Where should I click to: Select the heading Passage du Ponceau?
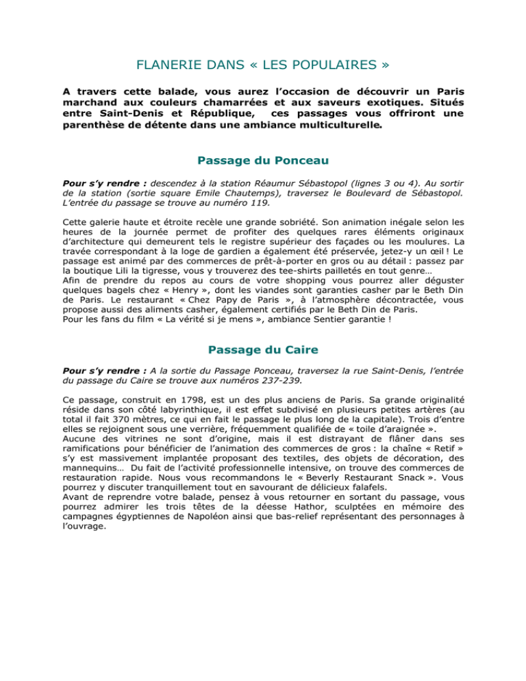(262, 162)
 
